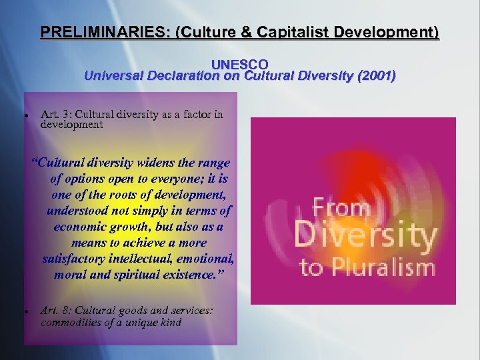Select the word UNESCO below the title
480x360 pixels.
click(239, 65)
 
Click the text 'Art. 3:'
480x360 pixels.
click(55, 114)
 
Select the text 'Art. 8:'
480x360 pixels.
click(56, 310)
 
